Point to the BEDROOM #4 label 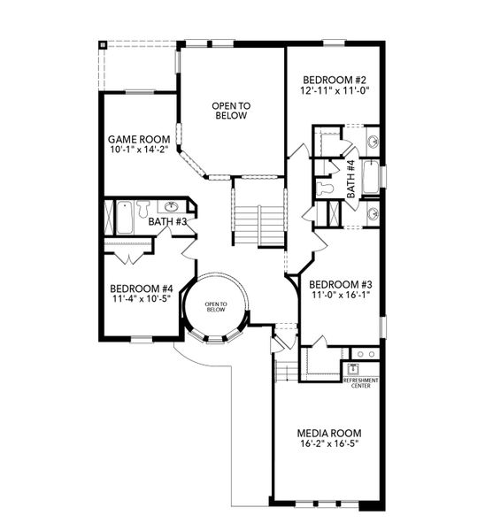(x=141, y=289)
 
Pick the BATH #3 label (x=166, y=221)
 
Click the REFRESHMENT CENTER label (x=360, y=382)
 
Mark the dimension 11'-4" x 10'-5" (x=141, y=300)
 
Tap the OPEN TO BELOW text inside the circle (x=217, y=307)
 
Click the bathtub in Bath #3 (x=124, y=218)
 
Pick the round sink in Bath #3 (x=173, y=208)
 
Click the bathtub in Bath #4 (x=371, y=176)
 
